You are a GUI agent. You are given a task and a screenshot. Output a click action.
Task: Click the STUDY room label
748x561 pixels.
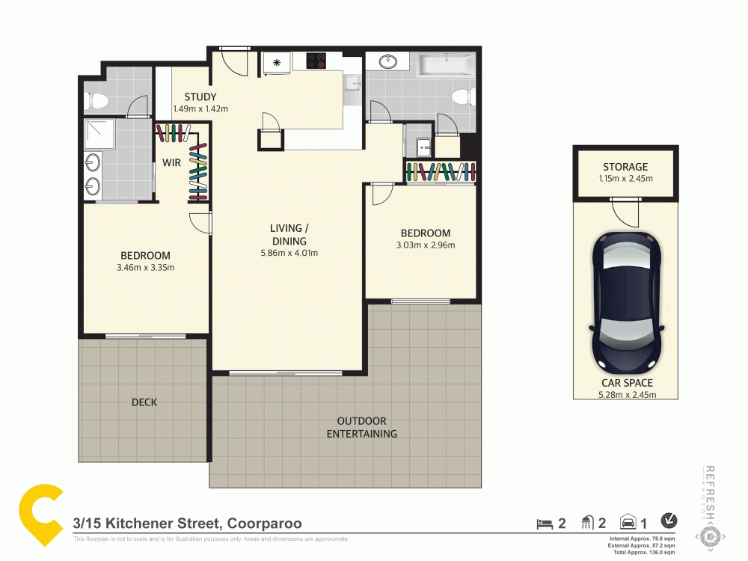click(x=200, y=96)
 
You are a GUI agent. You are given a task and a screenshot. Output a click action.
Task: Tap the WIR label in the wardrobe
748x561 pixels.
click(x=172, y=162)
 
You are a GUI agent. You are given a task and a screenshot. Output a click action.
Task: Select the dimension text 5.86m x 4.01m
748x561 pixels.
click(x=289, y=253)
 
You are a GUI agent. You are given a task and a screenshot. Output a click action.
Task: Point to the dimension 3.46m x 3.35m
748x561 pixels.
click(x=146, y=267)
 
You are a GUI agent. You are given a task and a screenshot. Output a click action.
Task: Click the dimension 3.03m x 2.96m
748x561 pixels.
click(x=425, y=245)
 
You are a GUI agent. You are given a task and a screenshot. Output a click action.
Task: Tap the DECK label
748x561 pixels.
click(x=144, y=402)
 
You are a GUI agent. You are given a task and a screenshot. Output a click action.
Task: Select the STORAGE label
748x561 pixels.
click(x=625, y=167)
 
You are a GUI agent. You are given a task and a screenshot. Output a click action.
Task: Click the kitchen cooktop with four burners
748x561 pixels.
click(x=315, y=61)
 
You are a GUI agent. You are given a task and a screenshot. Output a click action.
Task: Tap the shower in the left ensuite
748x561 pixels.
click(x=96, y=132)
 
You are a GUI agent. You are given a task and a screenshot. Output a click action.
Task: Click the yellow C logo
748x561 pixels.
click(x=41, y=515)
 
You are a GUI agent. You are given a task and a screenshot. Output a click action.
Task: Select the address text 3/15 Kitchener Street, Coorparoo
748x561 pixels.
click(x=187, y=524)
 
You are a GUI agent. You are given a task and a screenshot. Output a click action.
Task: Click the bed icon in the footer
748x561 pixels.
click(x=544, y=524)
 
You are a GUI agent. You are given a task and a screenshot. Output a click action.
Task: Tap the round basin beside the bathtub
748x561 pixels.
click(x=388, y=61)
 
